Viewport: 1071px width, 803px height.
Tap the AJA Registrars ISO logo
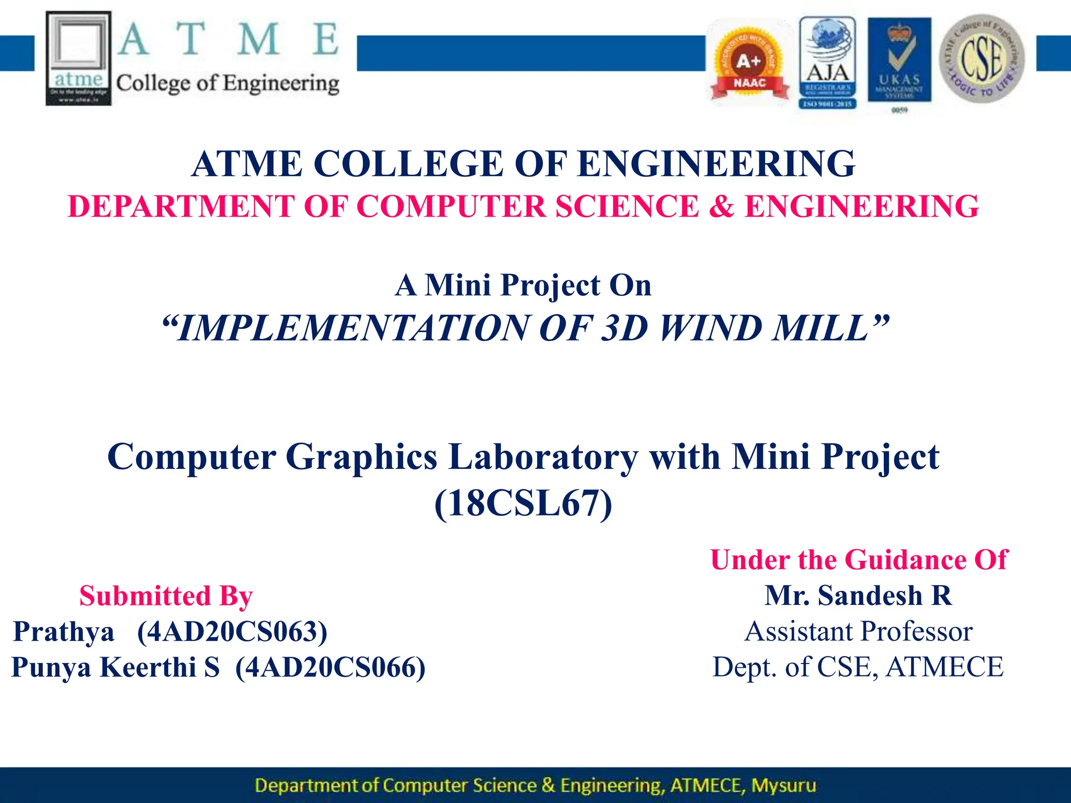coord(827,63)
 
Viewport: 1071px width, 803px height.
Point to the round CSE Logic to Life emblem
coord(982,59)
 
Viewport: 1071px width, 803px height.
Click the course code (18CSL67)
coord(523,503)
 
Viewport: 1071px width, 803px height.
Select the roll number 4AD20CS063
coord(232,632)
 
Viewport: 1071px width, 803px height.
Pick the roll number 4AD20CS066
coord(331,667)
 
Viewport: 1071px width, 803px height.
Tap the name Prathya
coord(63,632)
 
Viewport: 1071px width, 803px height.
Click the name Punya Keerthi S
coord(116,667)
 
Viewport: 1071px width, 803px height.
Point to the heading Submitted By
coord(166,596)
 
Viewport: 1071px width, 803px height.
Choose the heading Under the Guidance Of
coord(858,560)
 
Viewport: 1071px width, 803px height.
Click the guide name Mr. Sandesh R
coord(858,596)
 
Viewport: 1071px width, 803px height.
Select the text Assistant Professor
coord(858,632)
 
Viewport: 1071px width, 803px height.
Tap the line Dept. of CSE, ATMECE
coord(858,667)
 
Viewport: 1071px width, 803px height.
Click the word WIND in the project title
coord(710,328)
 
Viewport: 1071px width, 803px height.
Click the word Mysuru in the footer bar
coord(783,785)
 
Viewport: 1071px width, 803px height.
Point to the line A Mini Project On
coord(523,285)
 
